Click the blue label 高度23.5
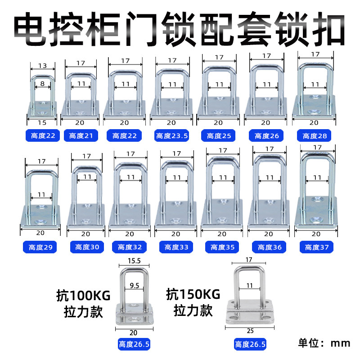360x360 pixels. pyautogui.click(x=171, y=135)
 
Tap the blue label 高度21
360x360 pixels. pyautogui.click(x=81, y=135)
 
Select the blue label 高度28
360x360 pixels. pyautogui.click(x=315, y=135)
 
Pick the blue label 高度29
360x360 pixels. pyautogui.click(x=40, y=247)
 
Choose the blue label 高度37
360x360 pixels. pyautogui.click(x=316, y=247)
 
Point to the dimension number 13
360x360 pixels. pyautogui.click(x=42, y=66)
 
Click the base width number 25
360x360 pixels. pyautogui.click(x=250, y=331)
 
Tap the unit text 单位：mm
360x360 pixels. pyautogui.click(x=324, y=343)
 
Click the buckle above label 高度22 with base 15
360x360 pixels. pyautogui.click(x=42, y=97)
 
